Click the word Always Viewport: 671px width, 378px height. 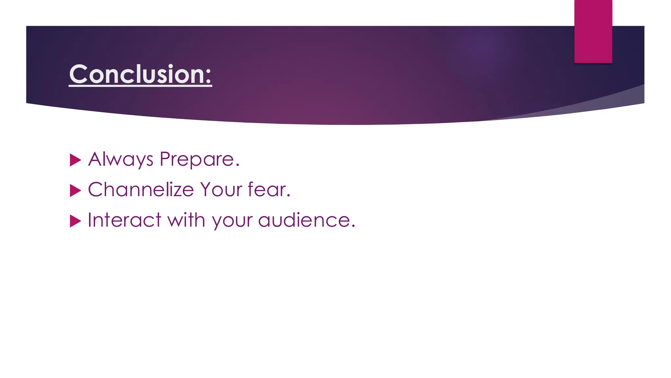[121, 159]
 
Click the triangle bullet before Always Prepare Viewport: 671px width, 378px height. [75, 160]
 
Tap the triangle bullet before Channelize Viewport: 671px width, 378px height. [75, 191]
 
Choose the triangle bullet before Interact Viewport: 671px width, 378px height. [75, 221]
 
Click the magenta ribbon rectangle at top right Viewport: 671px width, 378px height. [593, 31]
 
